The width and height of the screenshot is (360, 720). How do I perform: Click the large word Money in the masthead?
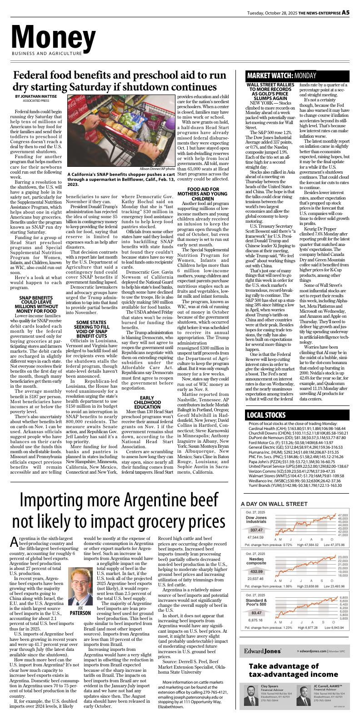[54, 36]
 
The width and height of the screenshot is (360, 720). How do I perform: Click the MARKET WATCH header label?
[269, 75]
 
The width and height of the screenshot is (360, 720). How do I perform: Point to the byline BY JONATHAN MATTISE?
[36, 96]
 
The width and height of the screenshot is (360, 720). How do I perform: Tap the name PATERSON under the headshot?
[80, 613]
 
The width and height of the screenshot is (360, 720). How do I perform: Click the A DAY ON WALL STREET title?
[274, 504]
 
